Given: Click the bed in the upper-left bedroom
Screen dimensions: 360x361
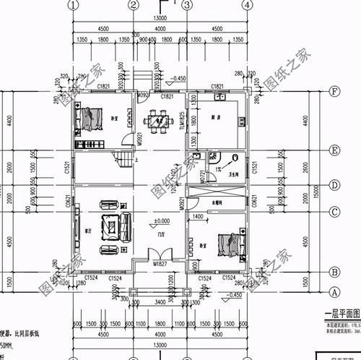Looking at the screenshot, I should point(90,116).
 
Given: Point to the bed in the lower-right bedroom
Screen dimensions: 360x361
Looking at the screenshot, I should point(229,241).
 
